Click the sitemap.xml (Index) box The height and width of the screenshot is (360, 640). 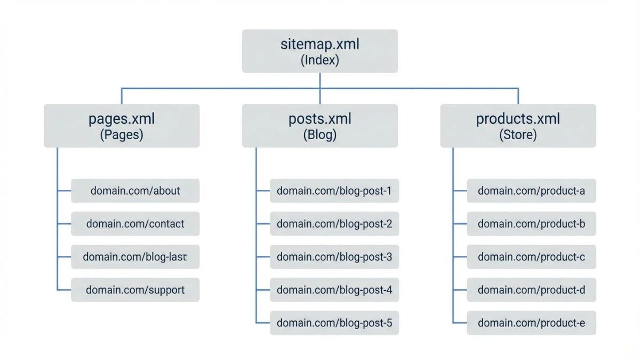tap(319, 51)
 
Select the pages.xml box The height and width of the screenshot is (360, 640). tap(122, 125)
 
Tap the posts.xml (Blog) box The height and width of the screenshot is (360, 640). tap(319, 125)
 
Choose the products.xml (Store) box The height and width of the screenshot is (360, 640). tap(518, 125)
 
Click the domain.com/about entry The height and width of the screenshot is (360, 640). tap(135, 190)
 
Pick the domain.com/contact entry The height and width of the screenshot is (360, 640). tap(135, 223)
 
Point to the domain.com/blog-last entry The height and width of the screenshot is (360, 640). tap(135, 257)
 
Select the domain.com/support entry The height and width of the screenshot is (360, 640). tap(135, 290)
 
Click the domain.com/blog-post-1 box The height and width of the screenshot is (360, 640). tap(334, 190)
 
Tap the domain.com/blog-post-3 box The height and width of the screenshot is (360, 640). tap(334, 257)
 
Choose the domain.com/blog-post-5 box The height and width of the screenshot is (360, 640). tap(334, 323)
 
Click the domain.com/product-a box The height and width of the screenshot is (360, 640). tap(531, 190)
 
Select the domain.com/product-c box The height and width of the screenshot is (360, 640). tap(531, 257)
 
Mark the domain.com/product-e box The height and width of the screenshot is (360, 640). tap(531, 323)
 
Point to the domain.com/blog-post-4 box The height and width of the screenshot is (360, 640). tap(334, 290)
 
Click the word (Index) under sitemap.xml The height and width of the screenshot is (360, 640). tap(319, 60)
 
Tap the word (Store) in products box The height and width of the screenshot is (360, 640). tap(518, 135)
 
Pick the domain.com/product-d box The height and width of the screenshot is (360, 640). tap(531, 290)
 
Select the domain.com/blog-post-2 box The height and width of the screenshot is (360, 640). tap(334, 223)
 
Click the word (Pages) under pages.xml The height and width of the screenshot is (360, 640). tap(122, 135)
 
